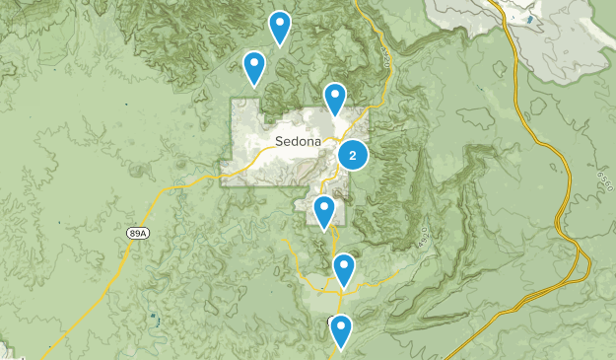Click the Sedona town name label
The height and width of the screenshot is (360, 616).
click(x=298, y=141)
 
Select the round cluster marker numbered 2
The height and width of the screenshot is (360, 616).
click(x=353, y=155)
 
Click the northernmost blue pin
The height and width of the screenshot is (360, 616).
click(x=280, y=27)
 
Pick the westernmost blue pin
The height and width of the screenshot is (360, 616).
click(x=254, y=67)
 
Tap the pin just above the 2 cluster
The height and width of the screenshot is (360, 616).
click(x=335, y=99)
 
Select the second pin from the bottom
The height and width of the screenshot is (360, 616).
click(x=343, y=268)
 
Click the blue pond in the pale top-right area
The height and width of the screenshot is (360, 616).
click(x=529, y=19)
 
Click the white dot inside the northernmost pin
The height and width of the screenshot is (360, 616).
click(x=280, y=21)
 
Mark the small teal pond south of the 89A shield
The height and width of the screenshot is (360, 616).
click(x=154, y=318)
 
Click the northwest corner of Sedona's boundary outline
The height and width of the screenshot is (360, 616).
click(x=233, y=100)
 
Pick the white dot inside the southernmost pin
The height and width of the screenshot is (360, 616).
click(x=341, y=324)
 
